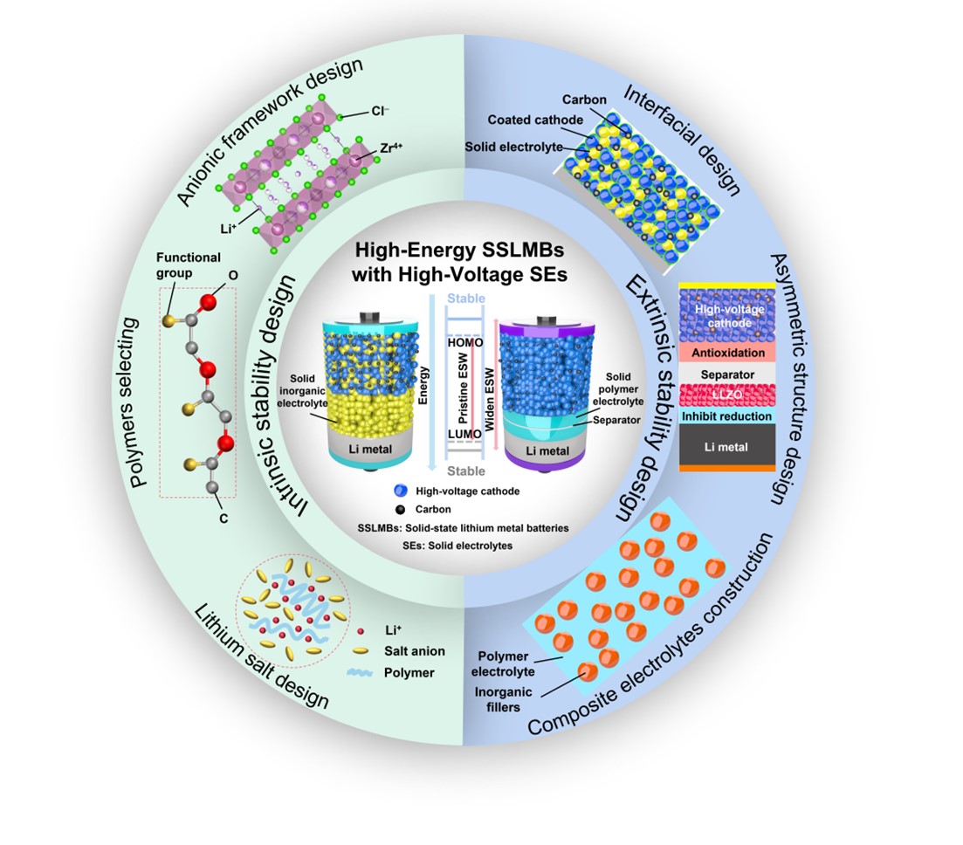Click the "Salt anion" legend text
415,651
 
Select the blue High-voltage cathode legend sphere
399,491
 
